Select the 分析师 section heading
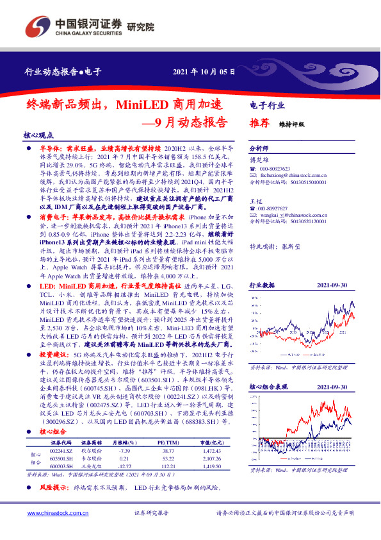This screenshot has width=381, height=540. pos(259,147)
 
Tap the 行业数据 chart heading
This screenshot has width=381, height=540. pos(262,284)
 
